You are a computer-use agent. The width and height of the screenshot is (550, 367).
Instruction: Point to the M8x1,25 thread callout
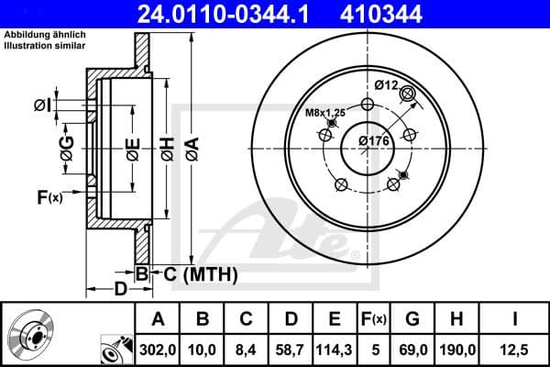click(324, 113)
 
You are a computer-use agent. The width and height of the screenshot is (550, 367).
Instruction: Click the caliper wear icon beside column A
click(113, 349)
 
